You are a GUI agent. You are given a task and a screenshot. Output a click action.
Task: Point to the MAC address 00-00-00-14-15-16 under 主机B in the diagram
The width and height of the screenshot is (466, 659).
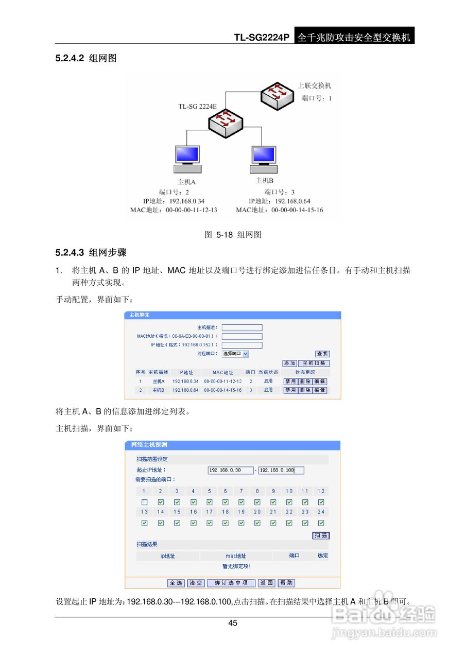297,210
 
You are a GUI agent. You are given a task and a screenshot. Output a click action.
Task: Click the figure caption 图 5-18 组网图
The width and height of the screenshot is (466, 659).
233,235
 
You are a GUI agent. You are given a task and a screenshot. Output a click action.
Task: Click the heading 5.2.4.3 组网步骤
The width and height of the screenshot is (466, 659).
91,253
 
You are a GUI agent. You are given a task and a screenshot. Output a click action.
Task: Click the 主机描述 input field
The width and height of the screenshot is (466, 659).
242,327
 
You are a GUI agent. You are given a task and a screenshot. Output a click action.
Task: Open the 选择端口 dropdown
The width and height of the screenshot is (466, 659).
235,354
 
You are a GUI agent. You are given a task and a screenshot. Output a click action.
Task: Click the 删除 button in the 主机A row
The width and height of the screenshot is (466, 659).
305,381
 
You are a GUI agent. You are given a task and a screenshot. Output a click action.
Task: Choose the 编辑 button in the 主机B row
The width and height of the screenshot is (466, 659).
320,390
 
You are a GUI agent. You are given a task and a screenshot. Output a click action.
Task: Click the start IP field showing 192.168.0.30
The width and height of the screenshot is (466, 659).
231,470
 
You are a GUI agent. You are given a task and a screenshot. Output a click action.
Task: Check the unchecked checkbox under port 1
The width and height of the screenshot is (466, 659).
144,502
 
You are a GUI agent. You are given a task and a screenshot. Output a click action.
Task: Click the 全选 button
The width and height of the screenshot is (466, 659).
176,583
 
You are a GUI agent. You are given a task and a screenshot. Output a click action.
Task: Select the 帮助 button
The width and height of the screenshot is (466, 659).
286,583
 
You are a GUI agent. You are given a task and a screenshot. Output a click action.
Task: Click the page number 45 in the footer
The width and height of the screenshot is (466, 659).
233,623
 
